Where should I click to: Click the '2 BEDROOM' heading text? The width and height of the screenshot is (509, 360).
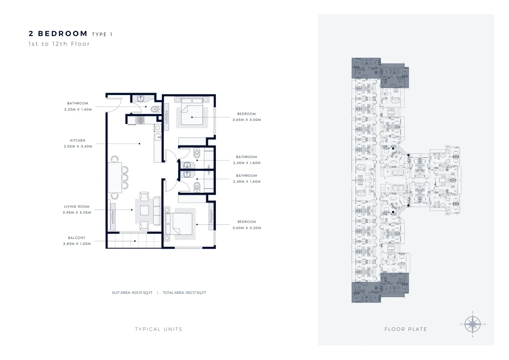(x=58, y=34)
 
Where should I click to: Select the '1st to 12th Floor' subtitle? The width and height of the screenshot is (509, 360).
(x=59, y=44)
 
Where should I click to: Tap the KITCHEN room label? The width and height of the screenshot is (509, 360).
(x=78, y=140)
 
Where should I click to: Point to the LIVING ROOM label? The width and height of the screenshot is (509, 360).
(x=77, y=207)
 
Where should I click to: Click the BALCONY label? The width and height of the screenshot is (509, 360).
(x=77, y=238)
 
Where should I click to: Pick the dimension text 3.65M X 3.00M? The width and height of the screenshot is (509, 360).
(x=247, y=120)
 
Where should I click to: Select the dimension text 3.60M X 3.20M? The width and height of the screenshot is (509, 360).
(x=247, y=228)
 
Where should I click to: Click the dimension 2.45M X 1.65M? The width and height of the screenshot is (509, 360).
(x=247, y=182)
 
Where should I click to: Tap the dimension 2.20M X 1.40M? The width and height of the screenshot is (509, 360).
(x=78, y=110)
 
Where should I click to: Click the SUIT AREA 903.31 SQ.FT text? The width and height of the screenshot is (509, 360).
(x=132, y=293)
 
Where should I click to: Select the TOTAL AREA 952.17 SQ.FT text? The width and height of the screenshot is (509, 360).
(x=184, y=293)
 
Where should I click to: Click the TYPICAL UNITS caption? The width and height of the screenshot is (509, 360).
(x=158, y=329)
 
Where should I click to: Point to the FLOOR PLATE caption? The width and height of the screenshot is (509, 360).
(x=406, y=329)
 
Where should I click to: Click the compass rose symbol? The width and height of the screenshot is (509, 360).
(x=473, y=324)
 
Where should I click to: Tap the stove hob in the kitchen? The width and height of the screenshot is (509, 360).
(x=140, y=120)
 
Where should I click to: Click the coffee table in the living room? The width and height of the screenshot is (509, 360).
(x=145, y=210)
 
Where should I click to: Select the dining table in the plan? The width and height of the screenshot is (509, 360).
(x=115, y=177)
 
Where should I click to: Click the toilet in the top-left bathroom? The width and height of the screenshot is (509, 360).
(x=156, y=110)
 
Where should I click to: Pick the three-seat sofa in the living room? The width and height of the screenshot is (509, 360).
(x=157, y=211)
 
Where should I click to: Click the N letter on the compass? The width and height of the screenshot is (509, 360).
(x=473, y=336)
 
